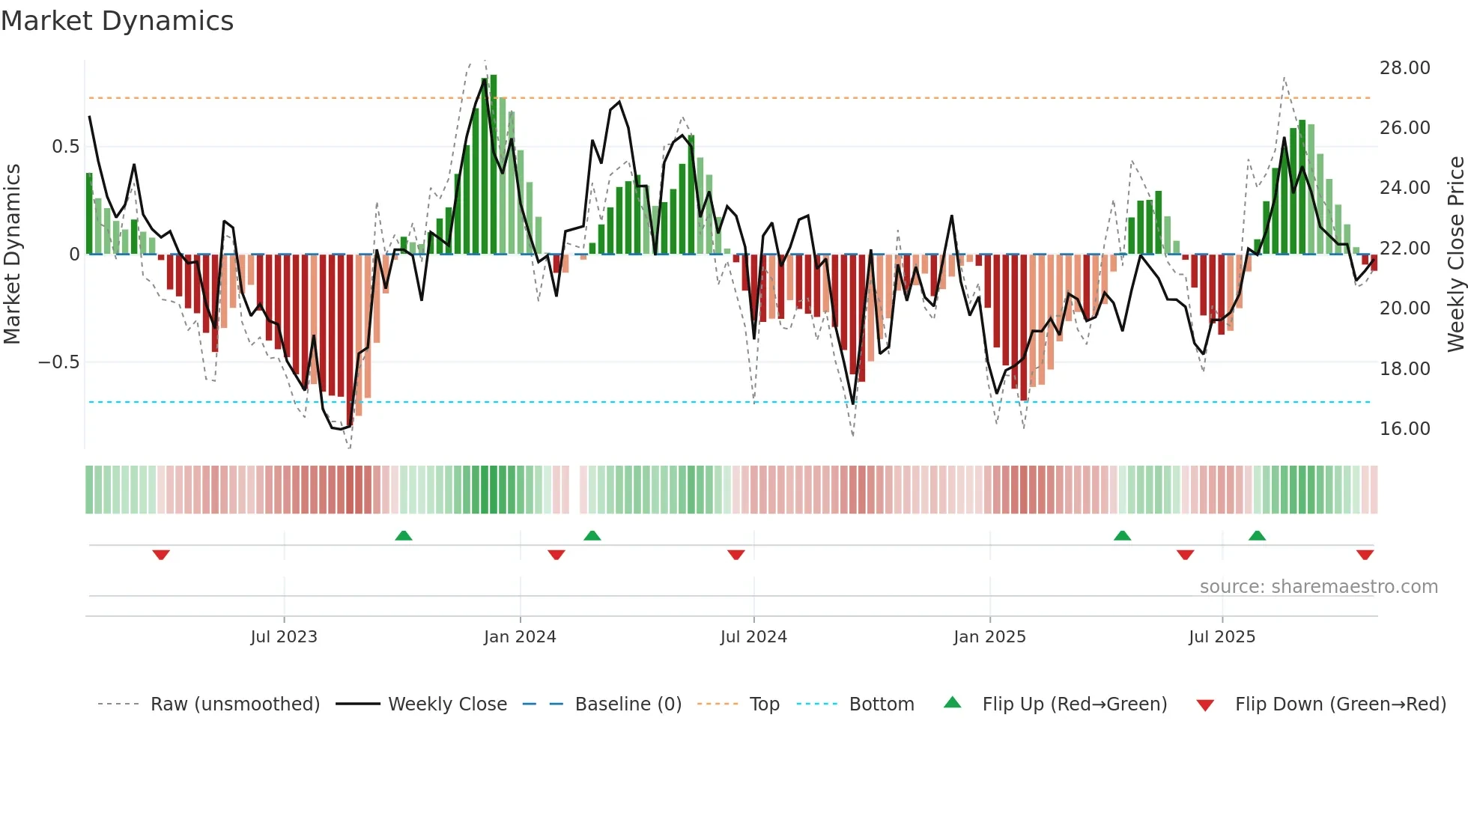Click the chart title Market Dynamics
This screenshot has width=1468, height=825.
tap(118, 21)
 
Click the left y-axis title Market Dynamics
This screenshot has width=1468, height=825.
tap(13, 254)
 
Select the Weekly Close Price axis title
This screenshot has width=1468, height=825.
tap(1455, 254)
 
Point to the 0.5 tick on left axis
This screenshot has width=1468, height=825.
tap(65, 147)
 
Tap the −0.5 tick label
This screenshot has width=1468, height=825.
tap(58, 362)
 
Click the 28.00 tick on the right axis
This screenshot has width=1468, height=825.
tap(1404, 68)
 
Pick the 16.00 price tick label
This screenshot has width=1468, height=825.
tap(1404, 429)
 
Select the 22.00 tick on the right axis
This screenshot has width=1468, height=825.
tap(1404, 249)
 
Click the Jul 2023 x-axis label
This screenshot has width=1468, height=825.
tap(284, 637)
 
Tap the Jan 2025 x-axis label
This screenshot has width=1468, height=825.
tap(989, 637)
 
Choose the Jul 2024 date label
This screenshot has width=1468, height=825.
tap(753, 637)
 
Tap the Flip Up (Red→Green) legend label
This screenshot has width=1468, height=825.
tap(1074, 704)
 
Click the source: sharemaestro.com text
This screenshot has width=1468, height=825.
tap(1318, 587)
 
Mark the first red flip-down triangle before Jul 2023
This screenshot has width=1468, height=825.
tap(161, 555)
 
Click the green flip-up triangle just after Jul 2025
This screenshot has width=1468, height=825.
tap(1257, 535)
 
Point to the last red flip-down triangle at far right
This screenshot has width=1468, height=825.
tap(1365, 555)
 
